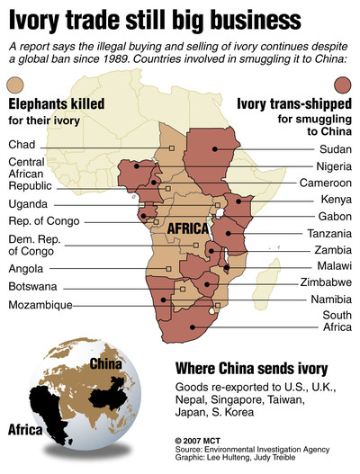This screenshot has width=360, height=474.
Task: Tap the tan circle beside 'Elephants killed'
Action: pyautogui.click(x=15, y=85)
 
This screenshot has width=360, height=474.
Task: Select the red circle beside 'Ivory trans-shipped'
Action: pyautogui.click(x=345, y=85)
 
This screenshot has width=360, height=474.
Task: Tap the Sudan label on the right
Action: pyautogui.click(x=335, y=148)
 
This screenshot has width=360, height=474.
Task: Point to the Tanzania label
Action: pyautogui.click(x=328, y=233)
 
